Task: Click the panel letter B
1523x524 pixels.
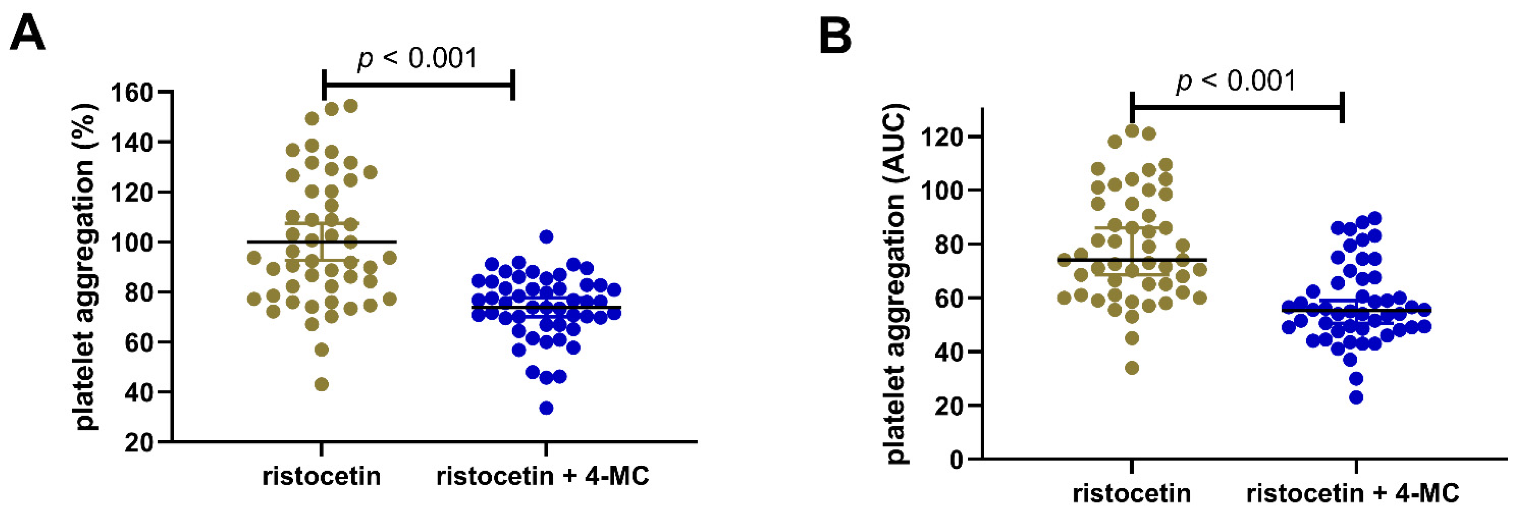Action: (835, 36)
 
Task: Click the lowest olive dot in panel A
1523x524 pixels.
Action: (322, 385)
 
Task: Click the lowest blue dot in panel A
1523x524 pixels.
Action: (546, 408)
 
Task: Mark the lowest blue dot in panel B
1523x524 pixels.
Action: (1356, 397)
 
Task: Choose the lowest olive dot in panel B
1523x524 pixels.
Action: (1132, 368)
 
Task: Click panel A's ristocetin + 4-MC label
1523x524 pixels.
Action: (543, 476)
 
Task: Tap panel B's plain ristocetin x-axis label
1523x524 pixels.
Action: (1132, 493)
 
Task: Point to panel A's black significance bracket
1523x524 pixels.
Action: (418, 84)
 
